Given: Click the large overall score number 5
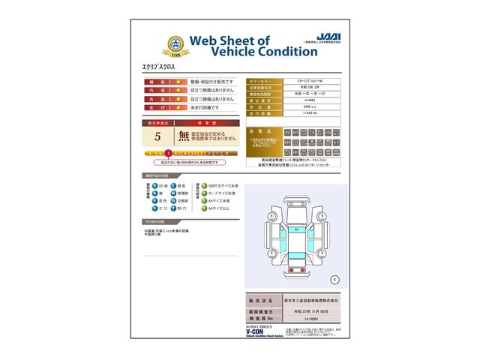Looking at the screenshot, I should coord(157,136).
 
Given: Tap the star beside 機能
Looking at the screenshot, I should coord(178,81).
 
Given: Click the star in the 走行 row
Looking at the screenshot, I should coord(178,107).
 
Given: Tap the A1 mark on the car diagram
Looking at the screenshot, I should coord(296,229).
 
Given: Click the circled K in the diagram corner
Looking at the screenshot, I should coord(334,279).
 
